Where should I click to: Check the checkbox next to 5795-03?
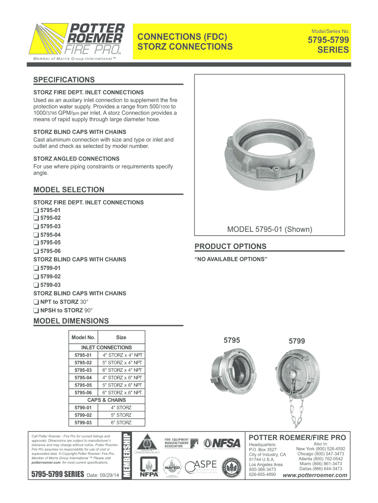pyautogui.click(x=36, y=226)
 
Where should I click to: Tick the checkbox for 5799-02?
pyautogui.click(x=36, y=276)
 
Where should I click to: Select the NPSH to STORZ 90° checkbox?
pyautogui.click(x=36, y=310)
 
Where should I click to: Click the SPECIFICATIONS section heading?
pyautogui.click(x=64, y=80)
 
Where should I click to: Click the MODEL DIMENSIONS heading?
pyautogui.click(x=71, y=321)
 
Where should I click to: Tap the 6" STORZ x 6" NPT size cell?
pyautogui.click(x=122, y=393)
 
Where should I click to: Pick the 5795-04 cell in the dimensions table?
pyautogui.click(x=83, y=378)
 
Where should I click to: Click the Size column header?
pyautogui.click(x=121, y=337)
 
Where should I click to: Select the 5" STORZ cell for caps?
pyautogui.click(x=121, y=415)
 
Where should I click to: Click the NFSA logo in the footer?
pyautogui.click(x=222, y=444)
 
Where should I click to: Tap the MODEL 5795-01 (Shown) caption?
pyautogui.click(x=270, y=229)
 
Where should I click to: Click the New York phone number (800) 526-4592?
pyautogui.click(x=321, y=448)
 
